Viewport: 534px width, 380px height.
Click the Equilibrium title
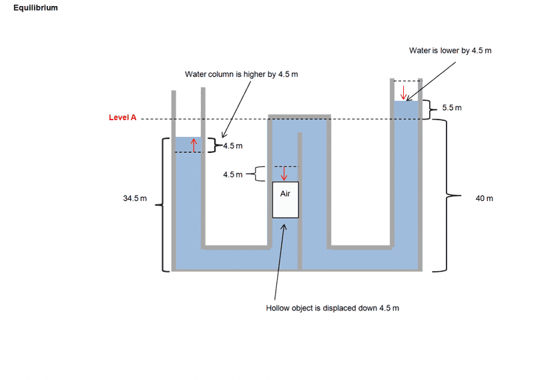(x=35, y=7)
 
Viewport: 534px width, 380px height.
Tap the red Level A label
(x=122, y=118)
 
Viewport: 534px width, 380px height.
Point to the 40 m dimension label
(x=484, y=198)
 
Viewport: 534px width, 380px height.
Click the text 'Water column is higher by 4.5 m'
(x=241, y=73)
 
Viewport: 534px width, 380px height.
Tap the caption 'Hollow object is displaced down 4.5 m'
(x=332, y=308)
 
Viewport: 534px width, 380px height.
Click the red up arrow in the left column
(x=194, y=145)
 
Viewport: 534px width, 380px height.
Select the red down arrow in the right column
(x=403, y=91)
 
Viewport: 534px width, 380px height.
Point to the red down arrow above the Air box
(x=284, y=174)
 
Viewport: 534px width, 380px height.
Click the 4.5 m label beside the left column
(x=232, y=146)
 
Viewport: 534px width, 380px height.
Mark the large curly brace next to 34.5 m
(x=161, y=204)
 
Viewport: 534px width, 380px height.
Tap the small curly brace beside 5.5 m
(x=431, y=108)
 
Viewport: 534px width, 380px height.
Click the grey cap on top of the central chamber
(x=299, y=116)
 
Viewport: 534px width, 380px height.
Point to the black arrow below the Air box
(x=280, y=260)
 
